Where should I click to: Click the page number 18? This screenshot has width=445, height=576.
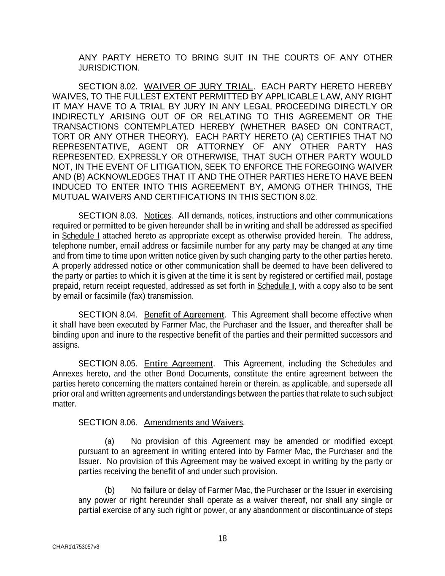(x=222, y=538)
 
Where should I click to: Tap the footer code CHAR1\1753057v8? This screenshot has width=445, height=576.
(x=76, y=547)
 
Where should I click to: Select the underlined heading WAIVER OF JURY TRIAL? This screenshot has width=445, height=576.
(x=198, y=87)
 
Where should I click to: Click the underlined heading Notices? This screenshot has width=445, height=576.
(x=157, y=216)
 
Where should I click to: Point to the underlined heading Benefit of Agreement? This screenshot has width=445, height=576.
(x=184, y=315)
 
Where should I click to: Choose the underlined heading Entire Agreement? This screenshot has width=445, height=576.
(x=178, y=364)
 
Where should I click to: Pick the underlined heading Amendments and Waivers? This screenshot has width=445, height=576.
(x=194, y=423)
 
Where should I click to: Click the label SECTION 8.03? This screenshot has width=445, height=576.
(x=108, y=216)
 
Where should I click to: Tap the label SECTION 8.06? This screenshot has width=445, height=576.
(x=108, y=423)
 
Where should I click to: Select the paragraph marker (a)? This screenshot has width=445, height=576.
(x=110, y=442)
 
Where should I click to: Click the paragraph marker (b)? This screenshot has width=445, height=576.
(x=110, y=490)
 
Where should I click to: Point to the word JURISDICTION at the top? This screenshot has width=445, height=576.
(x=108, y=68)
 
